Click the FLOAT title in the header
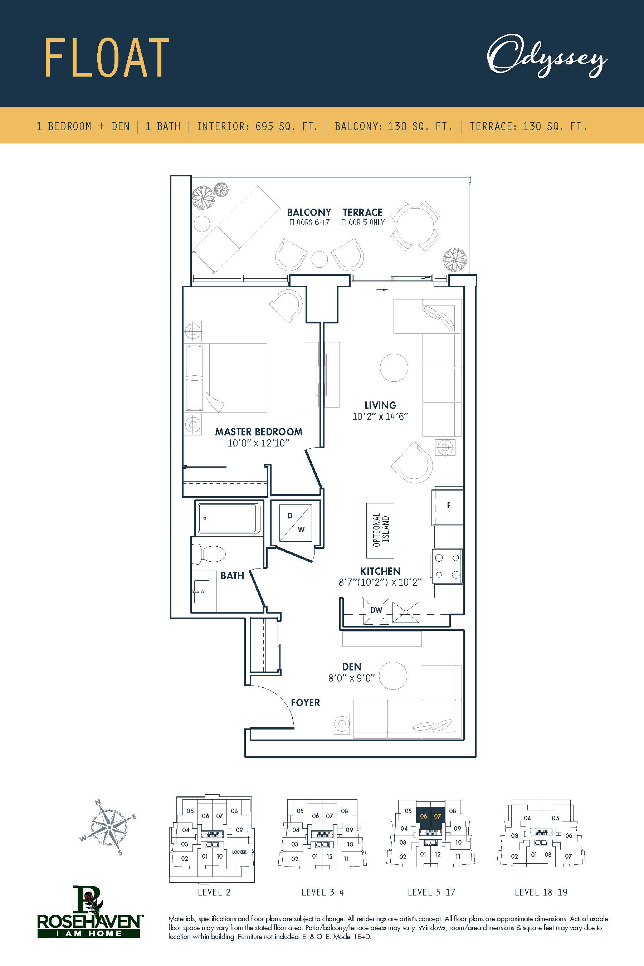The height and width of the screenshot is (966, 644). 106,58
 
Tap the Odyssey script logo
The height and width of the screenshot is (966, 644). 547,56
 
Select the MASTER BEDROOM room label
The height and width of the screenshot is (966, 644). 259,432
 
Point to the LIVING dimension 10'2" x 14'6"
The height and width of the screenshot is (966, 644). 380,416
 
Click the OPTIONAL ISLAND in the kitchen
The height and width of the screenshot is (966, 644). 380,530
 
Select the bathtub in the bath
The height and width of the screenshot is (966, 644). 229,518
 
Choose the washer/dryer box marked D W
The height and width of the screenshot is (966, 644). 295,522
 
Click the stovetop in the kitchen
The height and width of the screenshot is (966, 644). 447,566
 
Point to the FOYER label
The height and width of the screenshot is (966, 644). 305,703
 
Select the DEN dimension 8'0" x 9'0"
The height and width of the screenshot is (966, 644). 352,678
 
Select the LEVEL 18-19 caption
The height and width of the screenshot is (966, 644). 541,892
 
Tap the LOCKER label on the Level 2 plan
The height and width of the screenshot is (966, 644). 239,852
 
